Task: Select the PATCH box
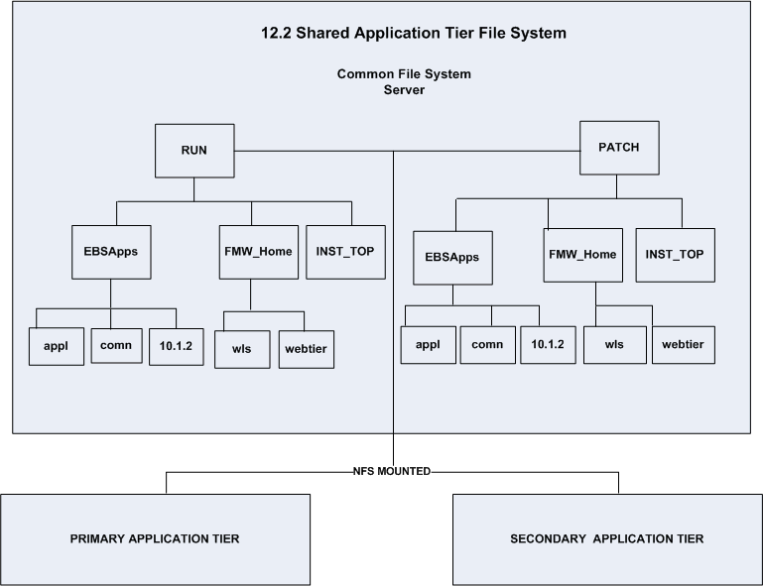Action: click(617, 148)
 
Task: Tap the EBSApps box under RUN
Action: click(110, 252)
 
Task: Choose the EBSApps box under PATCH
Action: click(452, 257)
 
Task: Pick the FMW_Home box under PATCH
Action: click(582, 255)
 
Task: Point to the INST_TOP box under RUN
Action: click(343, 252)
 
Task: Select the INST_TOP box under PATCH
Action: click(675, 255)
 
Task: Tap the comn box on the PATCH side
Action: click(487, 344)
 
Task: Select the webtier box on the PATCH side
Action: click(682, 344)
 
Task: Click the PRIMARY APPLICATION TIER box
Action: click(155, 538)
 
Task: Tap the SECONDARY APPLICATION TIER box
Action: click(606, 538)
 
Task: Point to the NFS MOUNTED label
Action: click(393, 472)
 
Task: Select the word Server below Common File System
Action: click(403, 89)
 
